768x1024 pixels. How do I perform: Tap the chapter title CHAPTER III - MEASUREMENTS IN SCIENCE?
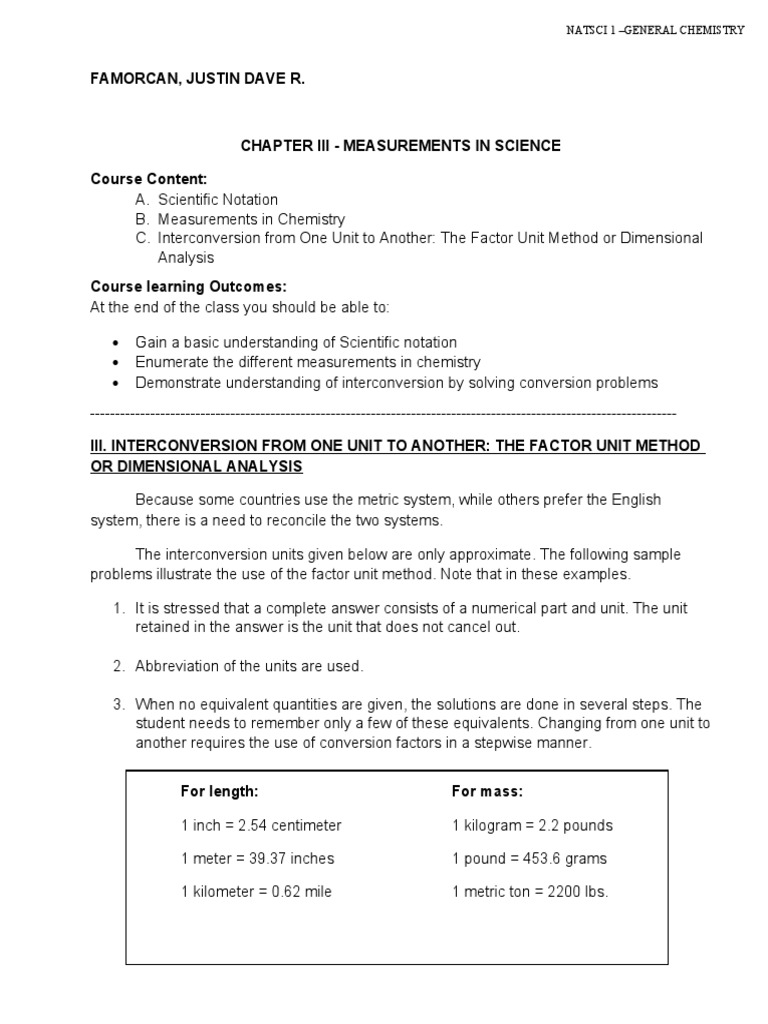click(400, 146)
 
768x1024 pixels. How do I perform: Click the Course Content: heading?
click(148, 179)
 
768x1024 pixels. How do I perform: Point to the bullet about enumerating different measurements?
click(308, 362)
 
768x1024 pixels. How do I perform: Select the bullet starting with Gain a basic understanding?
click(296, 342)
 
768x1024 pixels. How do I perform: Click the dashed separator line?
click(383, 413)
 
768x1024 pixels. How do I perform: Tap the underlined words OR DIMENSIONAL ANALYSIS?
click(196, 467)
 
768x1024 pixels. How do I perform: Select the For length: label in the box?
click(219, 791)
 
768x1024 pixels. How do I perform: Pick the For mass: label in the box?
click(487, 791)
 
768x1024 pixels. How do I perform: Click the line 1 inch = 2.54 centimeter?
click(261, 825)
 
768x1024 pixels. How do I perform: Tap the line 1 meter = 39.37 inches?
click(257, 858)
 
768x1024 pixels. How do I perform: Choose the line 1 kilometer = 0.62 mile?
click(256, 891)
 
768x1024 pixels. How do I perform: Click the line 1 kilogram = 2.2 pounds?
click(532, 825)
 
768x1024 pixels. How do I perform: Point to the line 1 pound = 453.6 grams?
click(529, 858)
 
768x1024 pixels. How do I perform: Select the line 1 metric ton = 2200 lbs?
click(529, 891)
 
